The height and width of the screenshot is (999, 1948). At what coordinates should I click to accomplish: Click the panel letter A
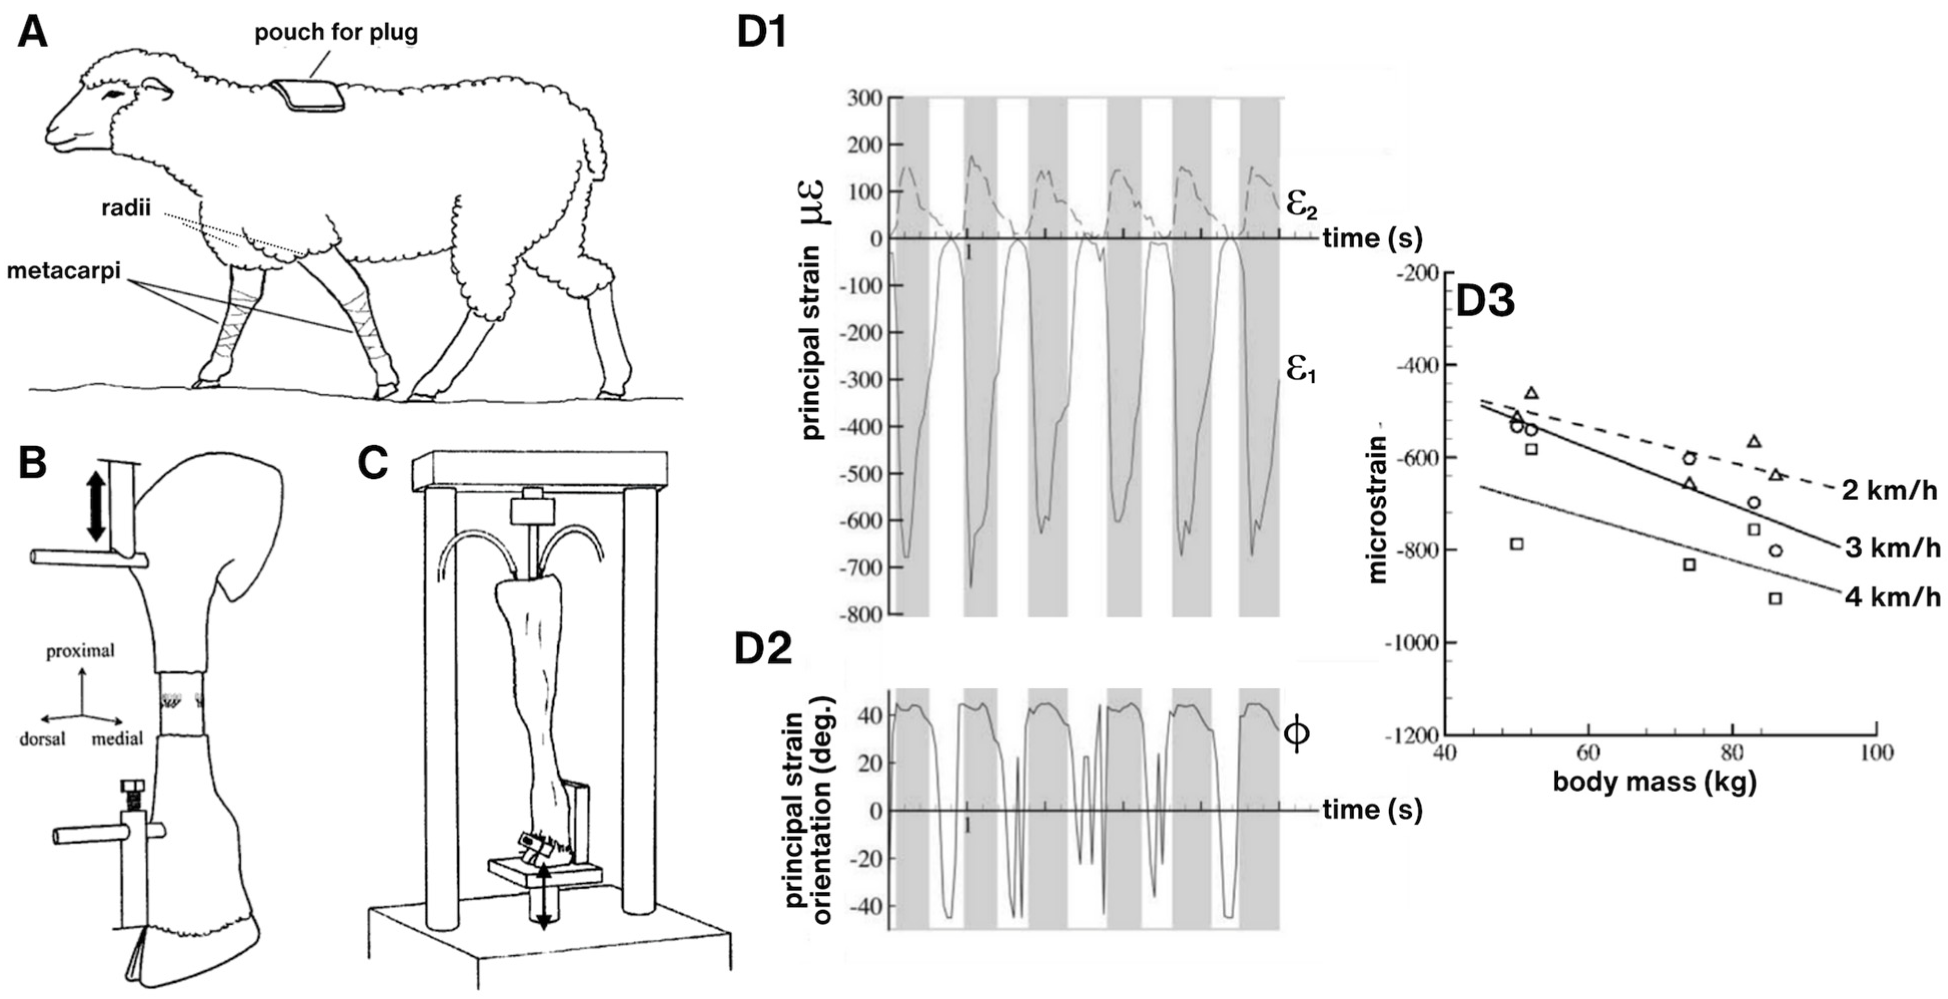pos(33,33)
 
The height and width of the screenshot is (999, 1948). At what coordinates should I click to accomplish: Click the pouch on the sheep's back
pos(309,96)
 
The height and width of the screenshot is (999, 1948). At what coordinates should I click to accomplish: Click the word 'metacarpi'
pos(64,270)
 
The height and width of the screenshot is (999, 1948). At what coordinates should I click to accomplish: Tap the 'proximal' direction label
pos(81,651)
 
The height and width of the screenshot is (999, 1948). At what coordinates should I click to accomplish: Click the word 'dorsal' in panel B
pos(43,739)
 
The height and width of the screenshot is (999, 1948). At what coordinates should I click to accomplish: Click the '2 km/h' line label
pos(1888,491)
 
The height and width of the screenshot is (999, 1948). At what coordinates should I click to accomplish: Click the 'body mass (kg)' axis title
pos(1654,781)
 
